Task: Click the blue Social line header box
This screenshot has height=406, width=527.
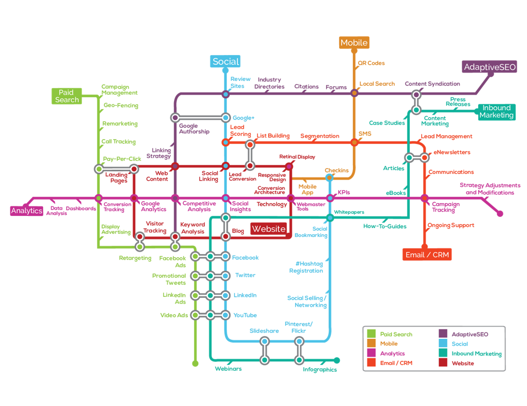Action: [226, 61]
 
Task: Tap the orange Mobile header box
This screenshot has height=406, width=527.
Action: [354, 43]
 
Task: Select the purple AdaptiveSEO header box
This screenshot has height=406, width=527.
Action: [490, 67]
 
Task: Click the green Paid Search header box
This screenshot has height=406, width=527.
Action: [67, 96]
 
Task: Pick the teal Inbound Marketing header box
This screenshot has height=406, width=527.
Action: [496, 111]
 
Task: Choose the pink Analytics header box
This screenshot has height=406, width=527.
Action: [26, 211]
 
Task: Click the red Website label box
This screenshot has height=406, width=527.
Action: [268, 228]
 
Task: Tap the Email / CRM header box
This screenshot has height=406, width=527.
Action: [427, 255]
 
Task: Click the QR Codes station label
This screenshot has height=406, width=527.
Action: [371, 63]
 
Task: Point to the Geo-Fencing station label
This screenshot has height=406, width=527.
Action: [121, 106]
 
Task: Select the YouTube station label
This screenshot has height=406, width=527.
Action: [245, 315]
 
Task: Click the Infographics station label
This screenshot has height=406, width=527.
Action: [320, 369]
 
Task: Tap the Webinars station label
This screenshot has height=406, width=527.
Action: [228, 369]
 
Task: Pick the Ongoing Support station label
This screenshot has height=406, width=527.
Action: [451, 225]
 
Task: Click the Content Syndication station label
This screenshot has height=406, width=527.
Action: [432, 84]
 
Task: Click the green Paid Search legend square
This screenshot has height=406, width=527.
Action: [371, 334]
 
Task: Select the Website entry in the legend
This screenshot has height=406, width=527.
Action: [462, 363]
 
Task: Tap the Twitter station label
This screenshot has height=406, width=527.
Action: [245, 275]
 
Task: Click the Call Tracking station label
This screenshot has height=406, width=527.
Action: [118, 141]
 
